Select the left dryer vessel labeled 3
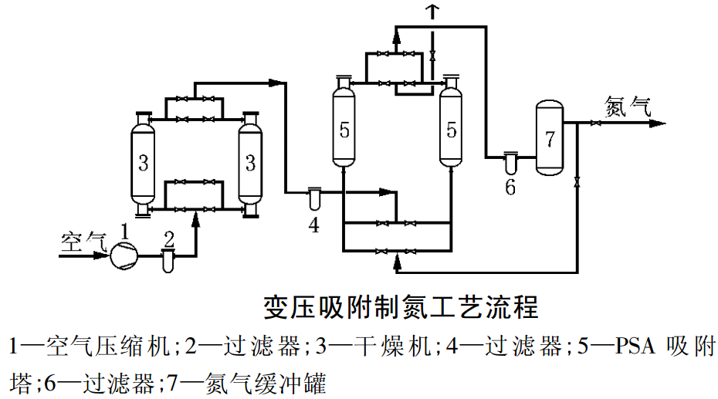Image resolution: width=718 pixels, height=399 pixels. (144, 163)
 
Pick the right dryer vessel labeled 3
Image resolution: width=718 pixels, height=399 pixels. (249, 163)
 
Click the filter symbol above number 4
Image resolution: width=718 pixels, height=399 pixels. (313, 198)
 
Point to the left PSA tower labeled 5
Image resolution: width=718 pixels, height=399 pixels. (344, 123)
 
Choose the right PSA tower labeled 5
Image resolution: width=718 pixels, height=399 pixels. (451, 123)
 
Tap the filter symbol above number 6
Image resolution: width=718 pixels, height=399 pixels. (510, 162)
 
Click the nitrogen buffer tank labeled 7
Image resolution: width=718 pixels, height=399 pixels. (549, 139)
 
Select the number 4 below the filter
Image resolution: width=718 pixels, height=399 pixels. (313, 225)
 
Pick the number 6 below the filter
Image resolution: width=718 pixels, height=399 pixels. (510, 188)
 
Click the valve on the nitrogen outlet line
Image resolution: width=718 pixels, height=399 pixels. (595, 123)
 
